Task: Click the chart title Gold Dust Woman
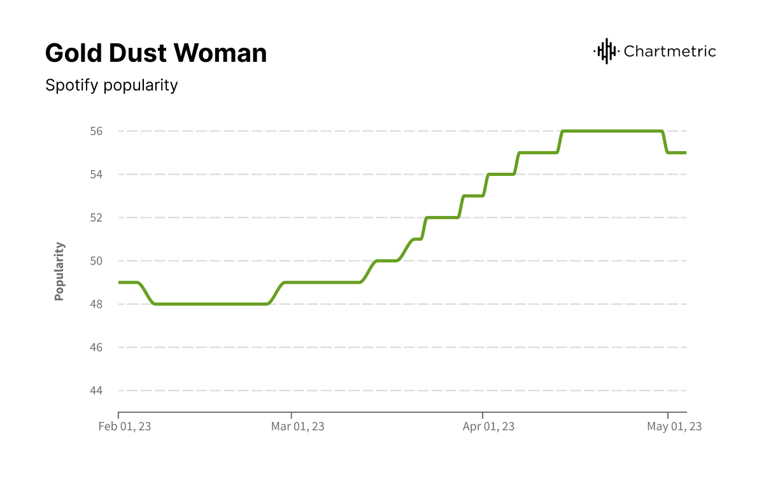156,54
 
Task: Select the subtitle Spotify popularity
111,85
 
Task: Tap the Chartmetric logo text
670,51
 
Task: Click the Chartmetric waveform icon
606,51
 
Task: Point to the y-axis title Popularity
59,271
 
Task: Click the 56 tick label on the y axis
95,131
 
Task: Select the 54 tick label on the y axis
95,175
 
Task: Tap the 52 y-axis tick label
95,218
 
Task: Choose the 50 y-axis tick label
95,261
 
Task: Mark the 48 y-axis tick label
95,304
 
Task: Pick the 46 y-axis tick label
95,347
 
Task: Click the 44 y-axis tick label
95,391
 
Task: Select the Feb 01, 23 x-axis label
125,426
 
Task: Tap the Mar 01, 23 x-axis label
297,426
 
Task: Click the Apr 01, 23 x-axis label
488,426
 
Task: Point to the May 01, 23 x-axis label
674,426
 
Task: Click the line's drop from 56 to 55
665,142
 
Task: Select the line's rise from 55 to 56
560,142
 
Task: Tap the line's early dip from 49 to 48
146,293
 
